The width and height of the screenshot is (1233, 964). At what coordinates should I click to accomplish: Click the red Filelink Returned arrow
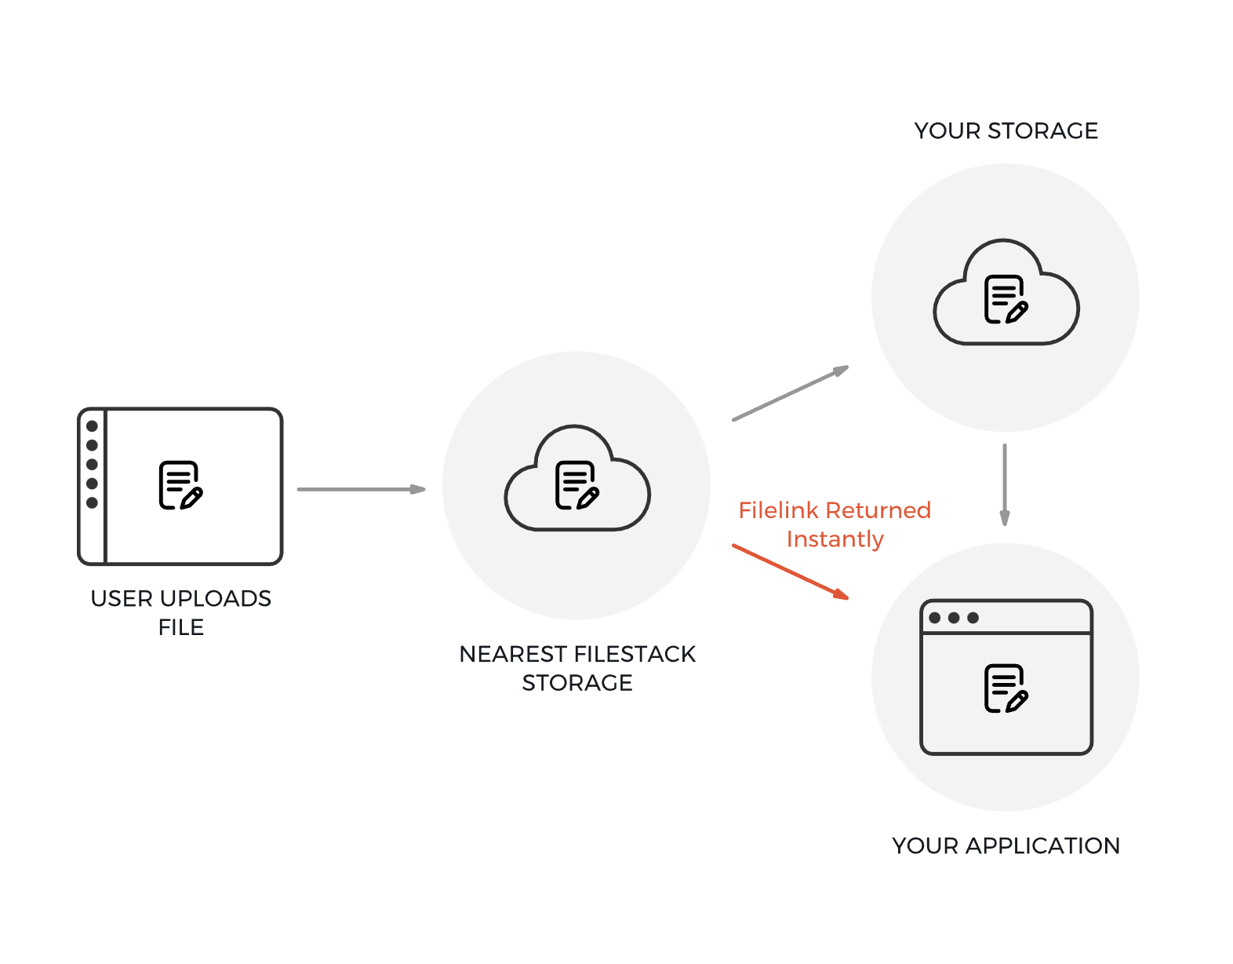pyautogui.click(x=791, y=571)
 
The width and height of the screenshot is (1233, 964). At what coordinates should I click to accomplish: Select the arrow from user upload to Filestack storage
pyautogui.click(x=361, y=489)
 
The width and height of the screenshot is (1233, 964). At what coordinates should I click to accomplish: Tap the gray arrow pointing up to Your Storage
pyautogui.click(x=791, y=393)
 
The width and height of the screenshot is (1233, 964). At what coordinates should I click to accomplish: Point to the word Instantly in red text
pyautogui.click(x=835, y=539)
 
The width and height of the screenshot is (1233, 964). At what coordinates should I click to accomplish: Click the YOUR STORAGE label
pyautogui.click(x=1006, y=130)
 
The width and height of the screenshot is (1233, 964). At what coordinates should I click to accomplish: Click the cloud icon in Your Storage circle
pyautogui.click(x=1006, y=294)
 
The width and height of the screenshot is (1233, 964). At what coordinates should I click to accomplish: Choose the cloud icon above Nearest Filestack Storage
pyautogui.click(x=577, y=480)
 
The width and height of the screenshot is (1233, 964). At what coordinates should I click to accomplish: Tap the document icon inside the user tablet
pyautogui.click(x=180, y=485)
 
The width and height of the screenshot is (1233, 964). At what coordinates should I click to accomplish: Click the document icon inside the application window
pyautogui.click(x=1006, y=688)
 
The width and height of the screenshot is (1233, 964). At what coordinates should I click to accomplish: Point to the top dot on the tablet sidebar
pyautogui.click(x=92, y=426)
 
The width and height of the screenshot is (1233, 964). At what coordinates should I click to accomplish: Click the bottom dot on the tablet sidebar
pyautogui.click(x=92, y=502)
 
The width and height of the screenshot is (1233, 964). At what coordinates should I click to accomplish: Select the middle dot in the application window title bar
pyautogui.click(x=954, y=618)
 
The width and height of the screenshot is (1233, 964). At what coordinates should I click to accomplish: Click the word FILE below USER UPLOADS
pyautogui.click(x=181, y=627)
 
